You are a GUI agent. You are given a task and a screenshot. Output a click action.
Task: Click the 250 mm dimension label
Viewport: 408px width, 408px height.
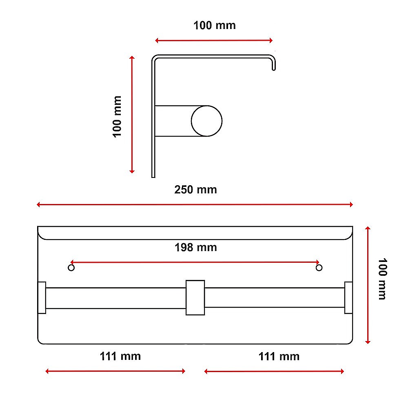(x=195, y=190)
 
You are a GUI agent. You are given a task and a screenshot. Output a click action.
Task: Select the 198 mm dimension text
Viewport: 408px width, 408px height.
(x=195, y=247)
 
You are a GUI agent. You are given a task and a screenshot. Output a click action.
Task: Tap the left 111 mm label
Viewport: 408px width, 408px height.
(x=120, y=356)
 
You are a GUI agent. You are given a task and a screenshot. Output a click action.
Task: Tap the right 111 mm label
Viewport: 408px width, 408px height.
(x=279, y=356)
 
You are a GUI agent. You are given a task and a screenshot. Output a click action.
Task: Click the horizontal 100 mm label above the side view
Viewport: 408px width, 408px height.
(x=214, y=25)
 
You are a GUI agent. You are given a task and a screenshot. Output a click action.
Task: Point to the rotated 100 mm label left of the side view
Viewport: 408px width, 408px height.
(x=118, y=116)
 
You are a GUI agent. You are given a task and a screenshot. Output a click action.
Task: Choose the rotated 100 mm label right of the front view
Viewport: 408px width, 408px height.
(x=381, y=279)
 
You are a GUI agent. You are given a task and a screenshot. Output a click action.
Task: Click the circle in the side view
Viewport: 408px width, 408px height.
(x=207, y=121)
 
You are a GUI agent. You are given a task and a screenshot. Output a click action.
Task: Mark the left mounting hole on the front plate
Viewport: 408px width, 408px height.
(x=71, y=268)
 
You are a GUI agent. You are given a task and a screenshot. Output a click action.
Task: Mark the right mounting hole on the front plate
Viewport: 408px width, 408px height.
(x=319, y=268)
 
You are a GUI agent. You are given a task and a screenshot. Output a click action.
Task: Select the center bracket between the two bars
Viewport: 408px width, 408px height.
(x=195, y=297)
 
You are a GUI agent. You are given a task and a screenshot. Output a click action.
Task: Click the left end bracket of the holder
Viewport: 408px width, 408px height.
(x=42, y=297)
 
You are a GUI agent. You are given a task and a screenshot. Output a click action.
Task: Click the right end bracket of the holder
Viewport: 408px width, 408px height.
(x=348, y=297)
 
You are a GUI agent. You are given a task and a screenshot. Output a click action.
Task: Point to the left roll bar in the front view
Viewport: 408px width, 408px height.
(x=116, y=298)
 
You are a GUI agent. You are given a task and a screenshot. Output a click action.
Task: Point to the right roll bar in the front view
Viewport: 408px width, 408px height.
(x=274, y=298)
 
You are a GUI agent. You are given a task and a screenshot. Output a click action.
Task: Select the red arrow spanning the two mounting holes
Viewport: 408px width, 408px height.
(x=195, y=262)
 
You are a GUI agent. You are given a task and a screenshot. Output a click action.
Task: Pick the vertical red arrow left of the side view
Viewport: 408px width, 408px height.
(x=132, y=115)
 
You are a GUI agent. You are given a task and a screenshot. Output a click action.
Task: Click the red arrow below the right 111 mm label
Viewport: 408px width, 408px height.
(x=274, y=371)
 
